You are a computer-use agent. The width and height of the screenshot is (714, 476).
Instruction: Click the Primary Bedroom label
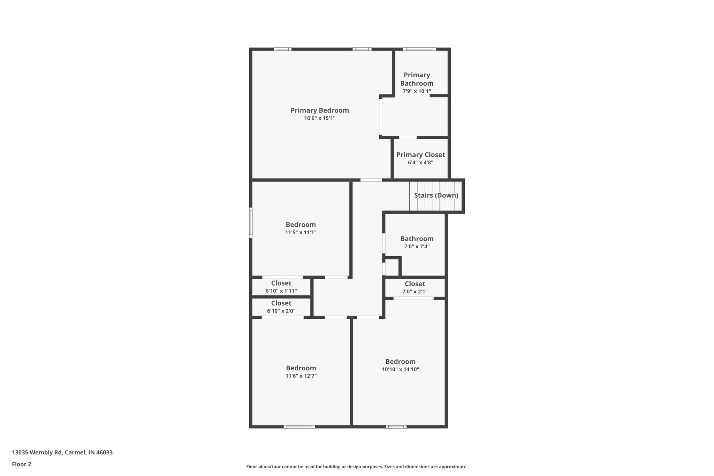320,111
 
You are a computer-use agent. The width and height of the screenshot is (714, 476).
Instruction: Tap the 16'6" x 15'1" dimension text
320,118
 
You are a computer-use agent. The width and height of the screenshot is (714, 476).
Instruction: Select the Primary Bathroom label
417,79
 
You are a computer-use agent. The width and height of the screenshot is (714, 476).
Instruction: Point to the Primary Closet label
420,155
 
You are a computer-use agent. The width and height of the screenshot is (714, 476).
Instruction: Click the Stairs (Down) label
436,195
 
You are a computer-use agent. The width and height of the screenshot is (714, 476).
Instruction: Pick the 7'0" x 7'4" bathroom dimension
417,247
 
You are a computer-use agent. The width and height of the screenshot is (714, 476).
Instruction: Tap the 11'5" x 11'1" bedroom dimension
301,233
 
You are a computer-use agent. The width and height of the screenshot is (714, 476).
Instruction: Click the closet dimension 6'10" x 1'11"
281,291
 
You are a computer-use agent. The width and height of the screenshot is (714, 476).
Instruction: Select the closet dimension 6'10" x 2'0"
281,311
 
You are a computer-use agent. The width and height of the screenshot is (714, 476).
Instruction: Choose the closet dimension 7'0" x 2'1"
415,292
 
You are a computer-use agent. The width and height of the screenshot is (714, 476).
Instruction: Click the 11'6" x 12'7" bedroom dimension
301,376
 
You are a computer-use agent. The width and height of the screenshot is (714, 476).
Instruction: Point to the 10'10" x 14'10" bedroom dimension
400,369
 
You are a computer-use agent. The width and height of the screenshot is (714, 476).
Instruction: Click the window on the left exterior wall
251,223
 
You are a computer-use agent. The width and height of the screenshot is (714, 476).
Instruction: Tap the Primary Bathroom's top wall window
419,49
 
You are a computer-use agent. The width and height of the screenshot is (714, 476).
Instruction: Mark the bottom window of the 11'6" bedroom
299,426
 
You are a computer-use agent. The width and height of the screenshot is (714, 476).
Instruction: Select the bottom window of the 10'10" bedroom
396,426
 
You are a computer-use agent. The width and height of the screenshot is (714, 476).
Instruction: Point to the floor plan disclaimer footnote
357,467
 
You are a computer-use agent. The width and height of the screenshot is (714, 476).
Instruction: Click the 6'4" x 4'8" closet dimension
420,163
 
